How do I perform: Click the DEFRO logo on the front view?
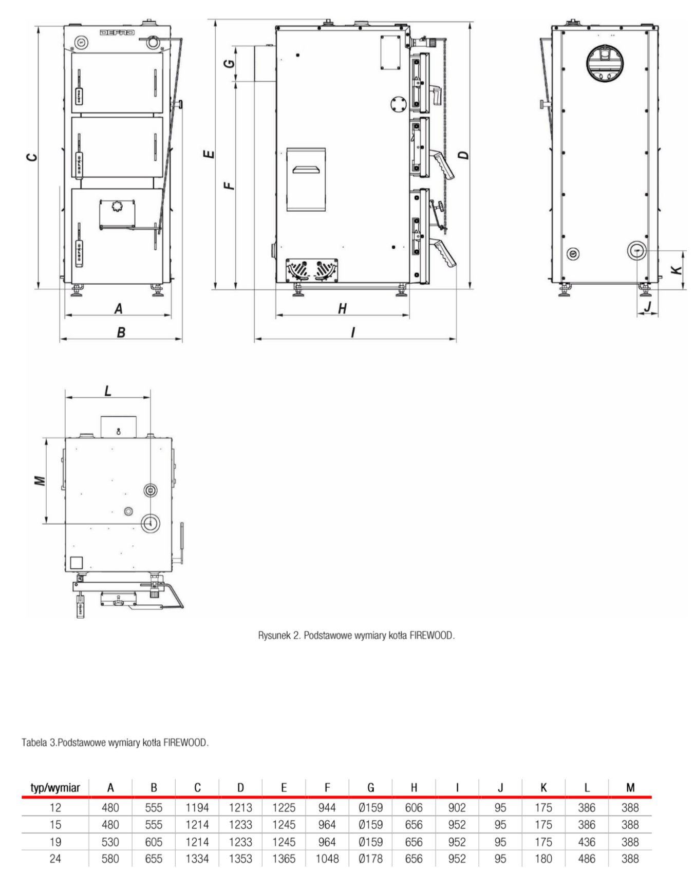[x=117, y=33]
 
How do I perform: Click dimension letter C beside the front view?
[x=32, y=157]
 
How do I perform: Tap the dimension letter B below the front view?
[x=121, y=332]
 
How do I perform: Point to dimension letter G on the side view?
[x=231, y=63]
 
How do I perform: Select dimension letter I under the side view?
[x=353, y=332]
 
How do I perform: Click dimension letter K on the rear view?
[x=677, y=269]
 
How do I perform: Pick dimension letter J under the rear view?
[x=648, y=307]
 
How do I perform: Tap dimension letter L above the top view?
[x=108, y=392]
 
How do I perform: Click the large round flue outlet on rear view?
[x=606, y=63]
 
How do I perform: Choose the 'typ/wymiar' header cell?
[x=55, y=788]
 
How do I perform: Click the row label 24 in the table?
[x=55, y=859]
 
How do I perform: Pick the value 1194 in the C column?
[x=197, y=807]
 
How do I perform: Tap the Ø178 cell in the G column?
[x=371, y=859]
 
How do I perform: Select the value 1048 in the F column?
[x=327, y=859]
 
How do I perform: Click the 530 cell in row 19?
[x=110, y=842]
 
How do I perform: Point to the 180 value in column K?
[x=543, y=859]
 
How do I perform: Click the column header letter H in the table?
[x=414, y=788]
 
